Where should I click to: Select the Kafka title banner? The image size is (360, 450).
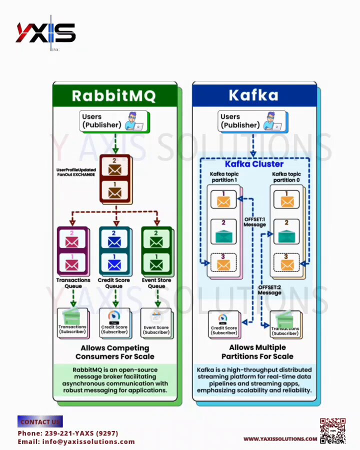click(x=253, y=95)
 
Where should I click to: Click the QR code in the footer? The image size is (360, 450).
click(x=332, y=430)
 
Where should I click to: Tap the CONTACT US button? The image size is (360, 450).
click(x=40, y=421)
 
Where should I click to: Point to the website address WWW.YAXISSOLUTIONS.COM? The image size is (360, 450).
click(x=280, y=439)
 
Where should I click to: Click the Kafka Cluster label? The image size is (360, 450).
click(x=254, y=164)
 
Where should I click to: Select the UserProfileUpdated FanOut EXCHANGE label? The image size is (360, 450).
click(x=75, y=172)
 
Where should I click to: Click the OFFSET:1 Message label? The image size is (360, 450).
click(x=254, y=222)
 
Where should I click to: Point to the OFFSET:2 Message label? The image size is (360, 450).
click(x=269, y=290)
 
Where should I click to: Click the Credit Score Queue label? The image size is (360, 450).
click(x=114, y=283)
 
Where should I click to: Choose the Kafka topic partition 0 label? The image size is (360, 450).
click(x=286, y=177)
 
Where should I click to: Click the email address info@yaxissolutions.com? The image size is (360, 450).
click(x=76, y=441)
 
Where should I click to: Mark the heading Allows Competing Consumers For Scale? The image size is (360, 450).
click(x=114, y=352)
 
